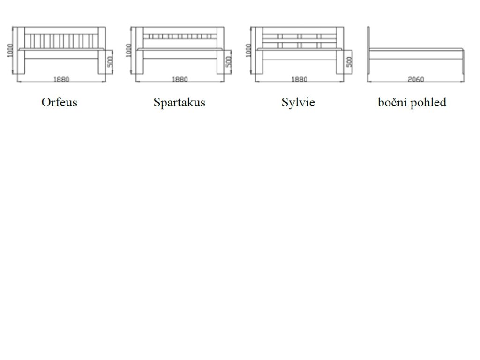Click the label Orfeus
point(59,102)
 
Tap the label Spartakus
point(179,102)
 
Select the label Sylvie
point(298,102)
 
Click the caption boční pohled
point(412,102)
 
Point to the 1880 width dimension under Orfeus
point(61,79)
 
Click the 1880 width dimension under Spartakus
point(180,79)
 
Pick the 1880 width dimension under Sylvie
point(300,79)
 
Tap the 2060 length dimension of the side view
point(415,79)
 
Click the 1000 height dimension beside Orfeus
point(10,50)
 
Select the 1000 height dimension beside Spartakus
point(129,50)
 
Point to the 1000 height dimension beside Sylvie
point(249,50)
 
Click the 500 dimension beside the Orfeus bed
point(110,62)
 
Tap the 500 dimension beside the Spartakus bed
point(229,62)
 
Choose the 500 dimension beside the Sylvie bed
point(349,62)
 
